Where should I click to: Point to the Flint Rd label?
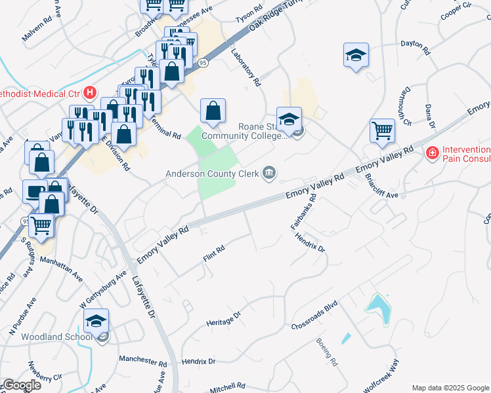(x=214, y=250)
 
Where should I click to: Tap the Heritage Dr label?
(x=224, y=315)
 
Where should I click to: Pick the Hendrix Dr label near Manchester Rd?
(x=199, y=362)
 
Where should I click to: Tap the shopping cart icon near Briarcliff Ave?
(x=382, y=130)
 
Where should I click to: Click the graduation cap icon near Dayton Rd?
(x=356, y=56)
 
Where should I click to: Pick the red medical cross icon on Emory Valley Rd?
(x=432, y=153)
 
